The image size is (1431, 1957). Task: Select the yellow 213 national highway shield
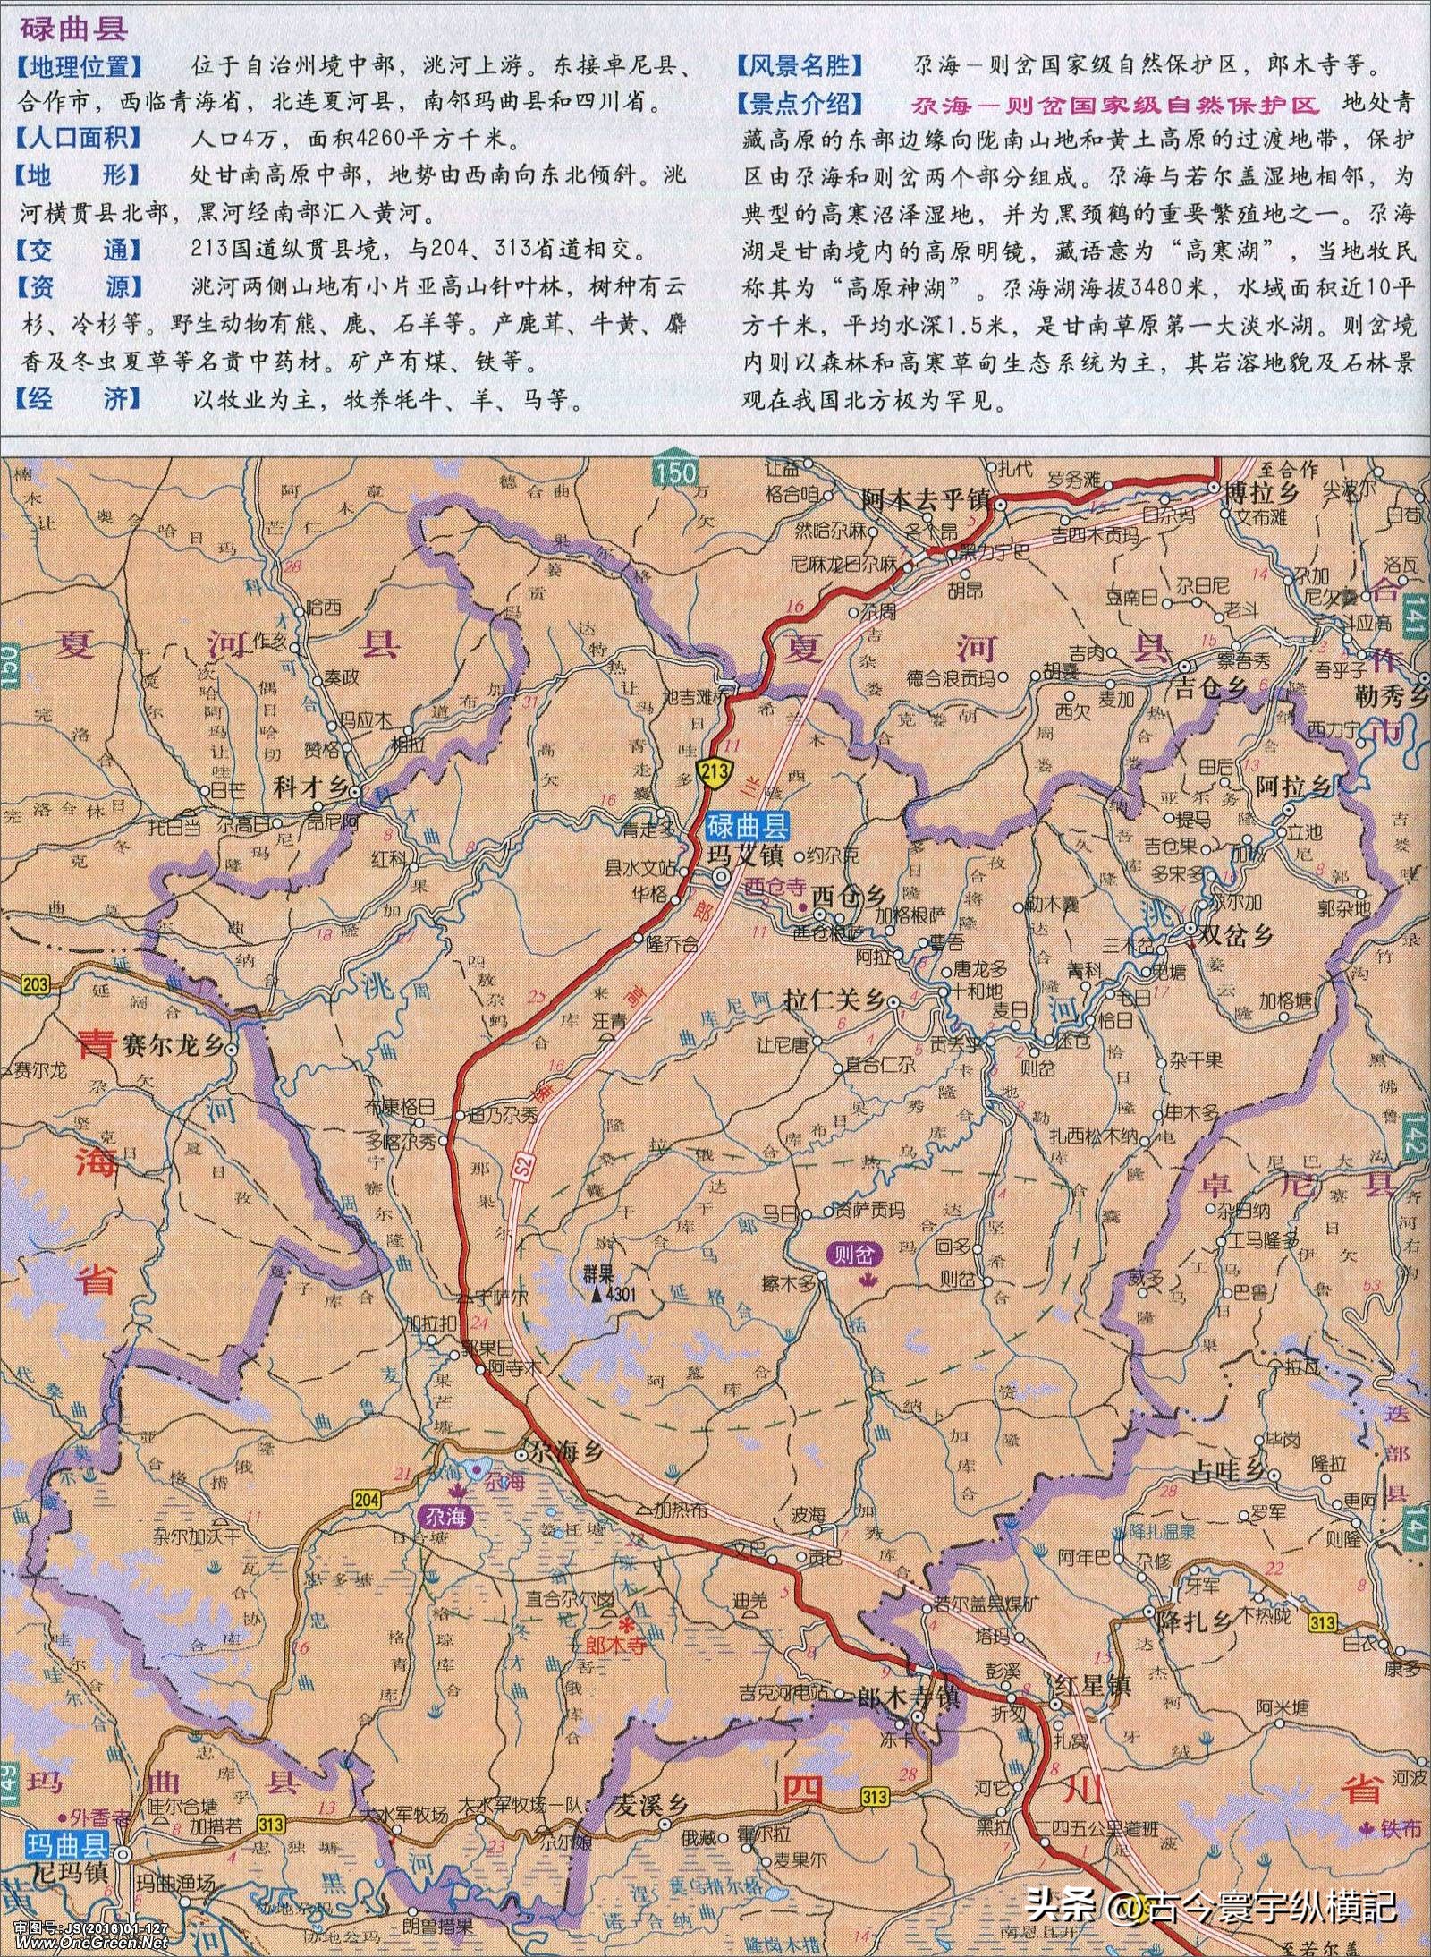[717, 770]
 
